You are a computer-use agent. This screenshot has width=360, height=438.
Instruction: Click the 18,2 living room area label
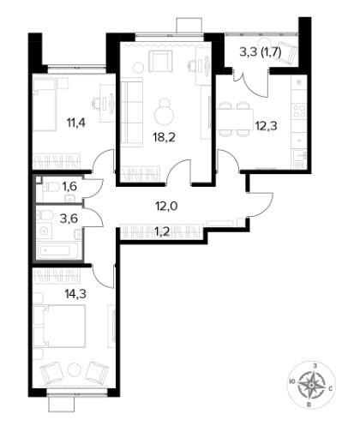point(165,137)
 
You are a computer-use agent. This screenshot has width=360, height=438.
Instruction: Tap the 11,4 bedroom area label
point(76,123)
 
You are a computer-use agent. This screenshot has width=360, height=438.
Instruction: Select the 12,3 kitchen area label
point(266,126)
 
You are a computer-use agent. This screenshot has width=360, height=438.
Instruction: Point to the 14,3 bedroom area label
point(75,294)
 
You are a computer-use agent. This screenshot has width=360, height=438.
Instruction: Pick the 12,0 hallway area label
point(166,206)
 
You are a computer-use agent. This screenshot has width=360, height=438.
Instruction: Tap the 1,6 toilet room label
point(69,187)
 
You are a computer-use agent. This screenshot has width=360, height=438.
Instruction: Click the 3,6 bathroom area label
point(69,219)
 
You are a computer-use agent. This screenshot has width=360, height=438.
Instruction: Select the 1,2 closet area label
point(163,231)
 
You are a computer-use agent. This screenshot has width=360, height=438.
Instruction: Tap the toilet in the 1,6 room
point(51,188)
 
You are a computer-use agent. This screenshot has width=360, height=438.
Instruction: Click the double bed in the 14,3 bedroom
point(59,326)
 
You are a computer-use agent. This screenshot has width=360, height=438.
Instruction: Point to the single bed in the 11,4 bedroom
point(45,105)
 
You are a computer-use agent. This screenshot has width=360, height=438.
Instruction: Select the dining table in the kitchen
point(235,119)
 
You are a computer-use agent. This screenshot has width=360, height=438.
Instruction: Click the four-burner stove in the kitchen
point(299,111)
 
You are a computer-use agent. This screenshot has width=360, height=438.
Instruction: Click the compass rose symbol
point(311,386)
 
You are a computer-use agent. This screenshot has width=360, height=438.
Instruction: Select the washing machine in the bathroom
point(45,231)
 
